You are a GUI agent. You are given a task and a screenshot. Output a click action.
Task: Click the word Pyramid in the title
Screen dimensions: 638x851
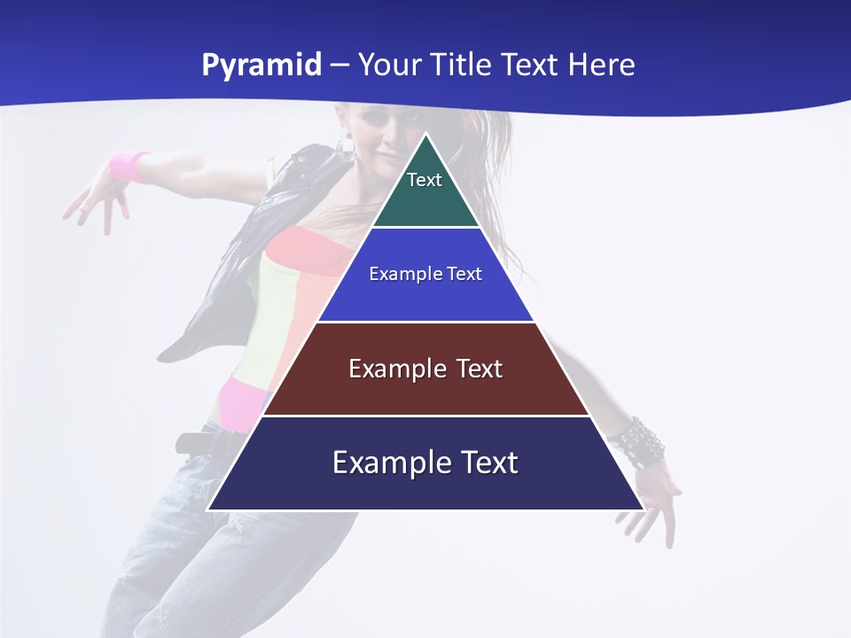click(x=261, y=66)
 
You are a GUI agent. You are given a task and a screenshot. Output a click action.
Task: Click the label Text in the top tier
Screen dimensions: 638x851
click(x=425, y=180)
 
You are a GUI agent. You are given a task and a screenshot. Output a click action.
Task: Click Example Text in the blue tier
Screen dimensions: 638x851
click(x=425, y=274)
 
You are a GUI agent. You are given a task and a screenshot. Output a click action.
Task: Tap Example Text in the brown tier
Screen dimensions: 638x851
click(x=425, y=369)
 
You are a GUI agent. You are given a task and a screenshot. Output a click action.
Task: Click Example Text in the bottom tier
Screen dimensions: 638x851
click(x=425, y=463)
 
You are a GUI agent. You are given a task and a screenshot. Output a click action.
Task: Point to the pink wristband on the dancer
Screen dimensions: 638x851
click(x=129, y=166)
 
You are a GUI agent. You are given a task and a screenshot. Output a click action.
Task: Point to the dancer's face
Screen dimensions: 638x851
click(x=381, y=133)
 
